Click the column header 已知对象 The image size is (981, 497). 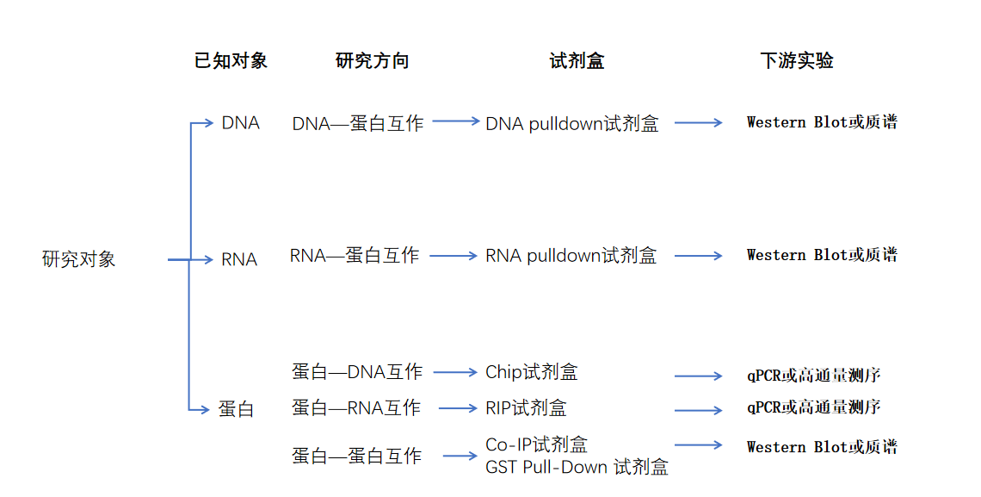click(x=231, y=61)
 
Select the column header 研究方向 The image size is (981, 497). click(x=372, y=61)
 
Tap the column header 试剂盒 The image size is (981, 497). click(x=577, y=61)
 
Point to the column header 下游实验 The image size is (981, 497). click(x=797, y=61)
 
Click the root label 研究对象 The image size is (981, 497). click(x=78, y=259)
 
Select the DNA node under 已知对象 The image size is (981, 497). click(x=240, y=123)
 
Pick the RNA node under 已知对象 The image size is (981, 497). click(x=239, y=259)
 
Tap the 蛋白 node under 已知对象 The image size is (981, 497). click(x=236, y=409)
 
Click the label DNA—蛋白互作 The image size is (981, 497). click(x=358, y=123)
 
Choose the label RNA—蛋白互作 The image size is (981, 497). click(x=355, y=256)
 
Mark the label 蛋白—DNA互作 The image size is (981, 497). click(x=357, y=372)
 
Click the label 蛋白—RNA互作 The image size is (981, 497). click(x=356, y=407)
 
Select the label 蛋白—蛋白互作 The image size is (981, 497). click(x=357, y=456)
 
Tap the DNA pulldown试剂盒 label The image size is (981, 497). click(x=572, y=124)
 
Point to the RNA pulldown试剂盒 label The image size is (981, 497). click(x=571, y=256)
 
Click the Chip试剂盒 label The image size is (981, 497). click(x=532, y=372)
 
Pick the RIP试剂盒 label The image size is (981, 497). click(x=527, y=407)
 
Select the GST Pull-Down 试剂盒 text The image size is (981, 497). click(x=577, y=467)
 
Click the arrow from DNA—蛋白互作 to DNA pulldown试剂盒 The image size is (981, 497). click(x=456, y=121)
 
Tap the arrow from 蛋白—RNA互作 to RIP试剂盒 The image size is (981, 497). click(x=457, y=407)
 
